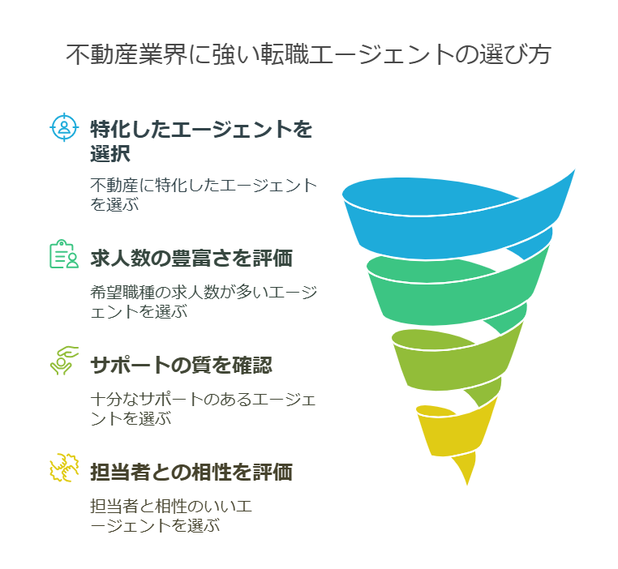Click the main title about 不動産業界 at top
pos(308,54)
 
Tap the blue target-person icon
pos(64,127)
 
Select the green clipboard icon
pos(64,254)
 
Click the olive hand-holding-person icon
pos(64,361)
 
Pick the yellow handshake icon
pos(64,468)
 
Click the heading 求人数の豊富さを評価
pos(191,259)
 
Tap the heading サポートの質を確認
pos(182,365)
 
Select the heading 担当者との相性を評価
pos(191,472)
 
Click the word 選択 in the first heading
pos(110,153)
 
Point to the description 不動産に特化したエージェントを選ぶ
pos(204,195)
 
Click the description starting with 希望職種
pos(204,302)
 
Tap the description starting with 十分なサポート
pos(204,409)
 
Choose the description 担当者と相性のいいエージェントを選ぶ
pos(171,516)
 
